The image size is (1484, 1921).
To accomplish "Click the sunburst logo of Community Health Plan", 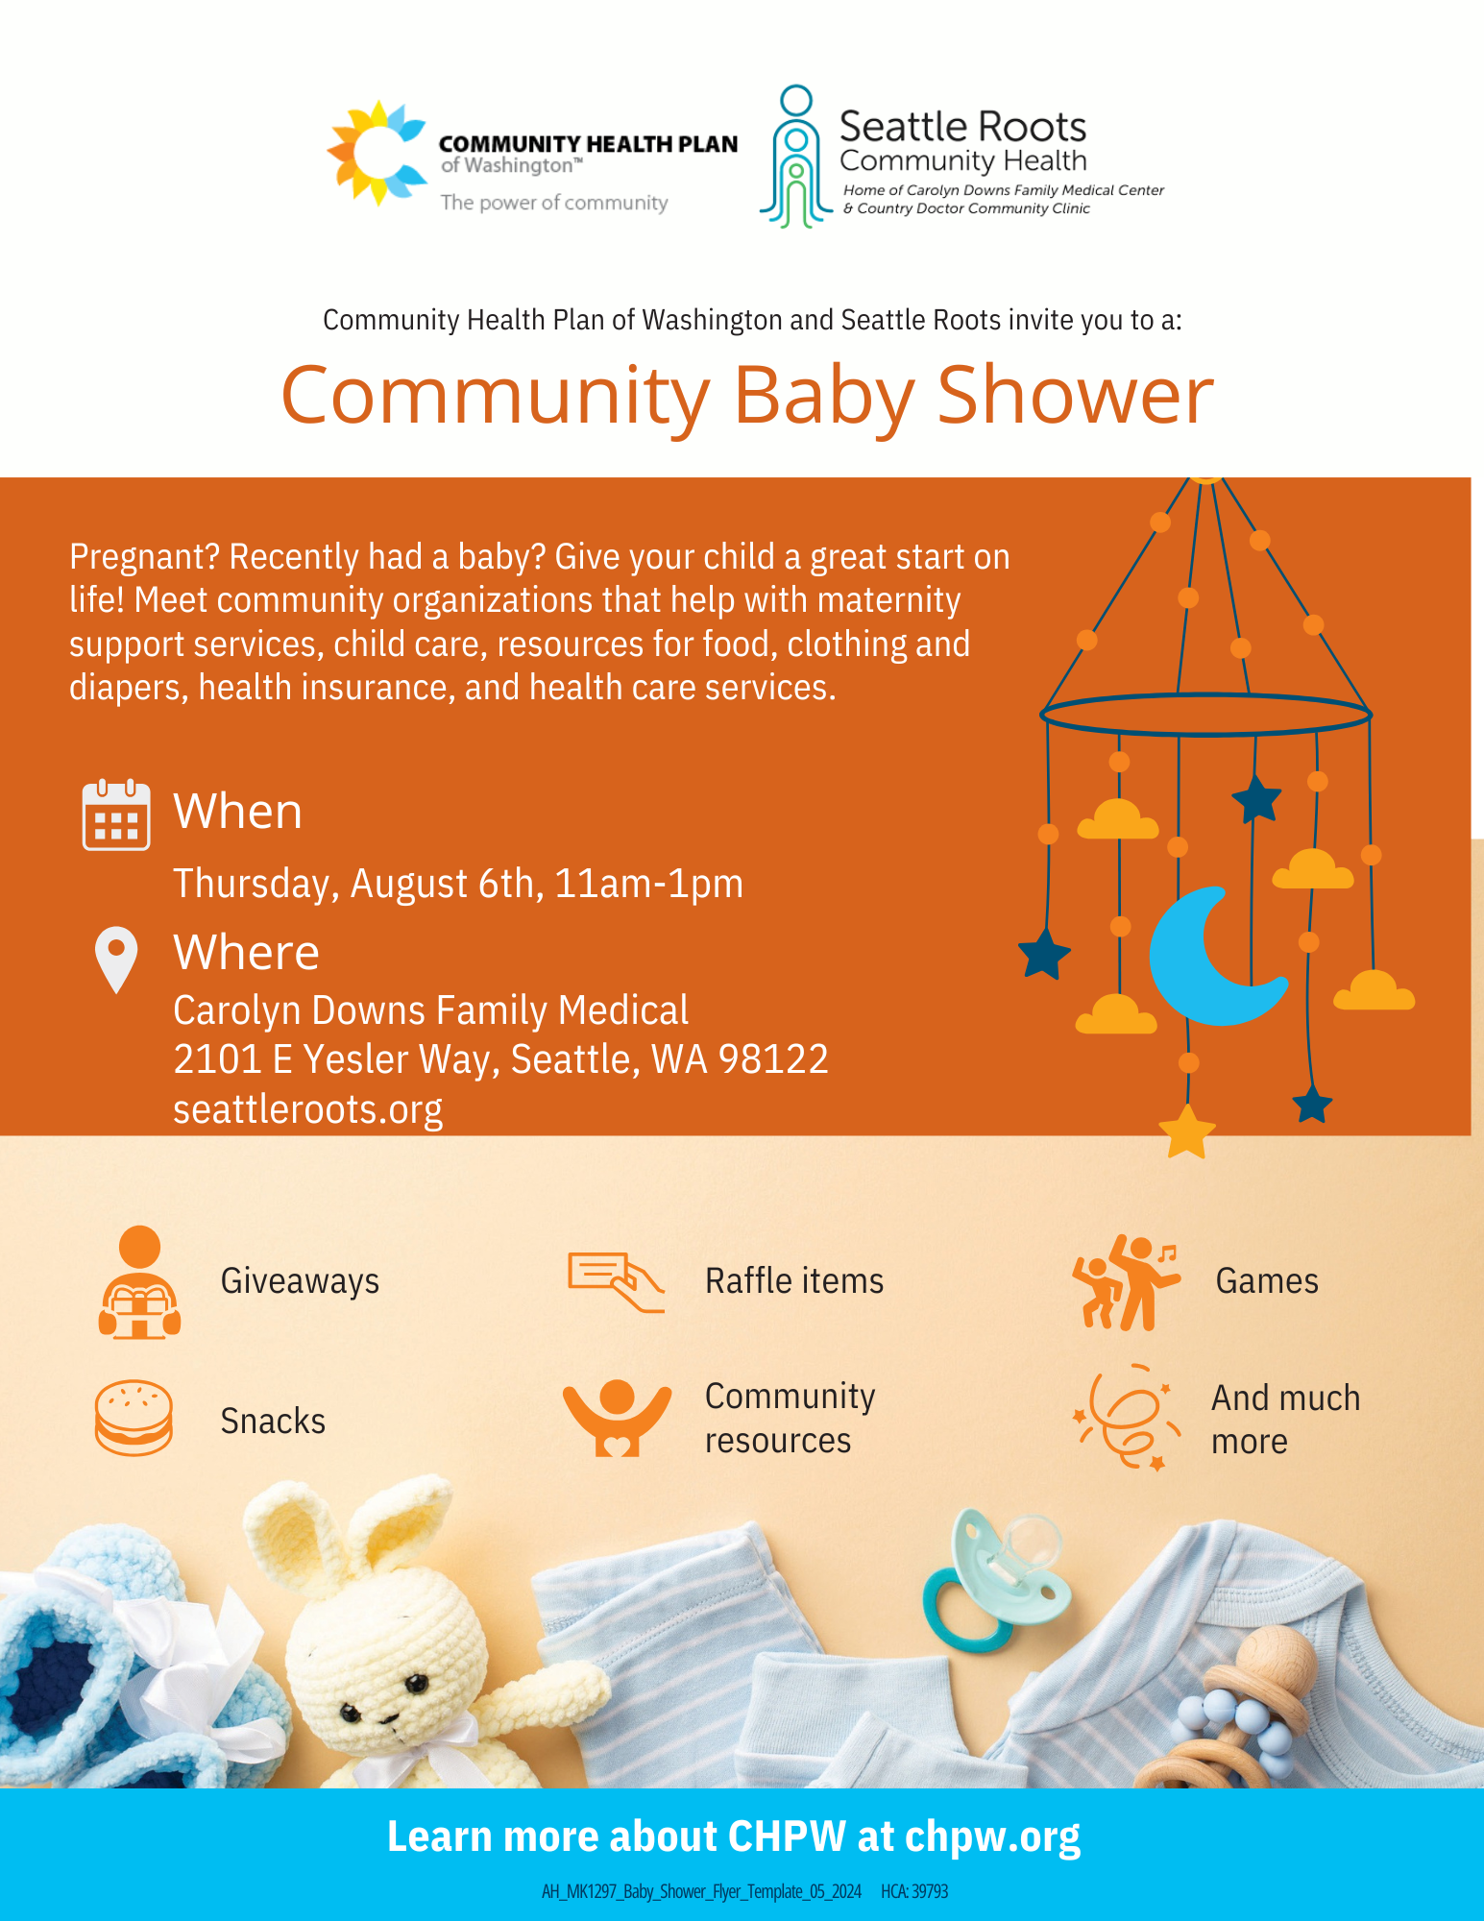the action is [x=377, y=154].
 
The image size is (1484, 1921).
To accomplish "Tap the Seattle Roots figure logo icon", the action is [x=796, y=157].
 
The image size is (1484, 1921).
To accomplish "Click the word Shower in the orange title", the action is [x=1075, y=395].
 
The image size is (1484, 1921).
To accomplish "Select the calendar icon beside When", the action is [x=116, y=815].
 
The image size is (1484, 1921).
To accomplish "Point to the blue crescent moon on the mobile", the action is [x=1212, y=957].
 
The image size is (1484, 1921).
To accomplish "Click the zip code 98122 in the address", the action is [x=773, y=1059].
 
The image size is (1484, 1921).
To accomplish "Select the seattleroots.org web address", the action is [x=307, y=1109].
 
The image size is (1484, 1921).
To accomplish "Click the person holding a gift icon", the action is [x=139, y=1282].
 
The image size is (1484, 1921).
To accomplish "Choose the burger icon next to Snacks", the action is [x=134, y=1418].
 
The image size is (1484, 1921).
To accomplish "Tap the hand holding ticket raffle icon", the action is [x=616, y=1281].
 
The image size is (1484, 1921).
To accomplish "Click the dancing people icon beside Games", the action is [x=1125, y=1282].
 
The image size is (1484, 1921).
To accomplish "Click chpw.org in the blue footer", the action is [x=992, y=1836].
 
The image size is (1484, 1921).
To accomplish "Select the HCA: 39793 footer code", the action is [x=913, y=1891].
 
